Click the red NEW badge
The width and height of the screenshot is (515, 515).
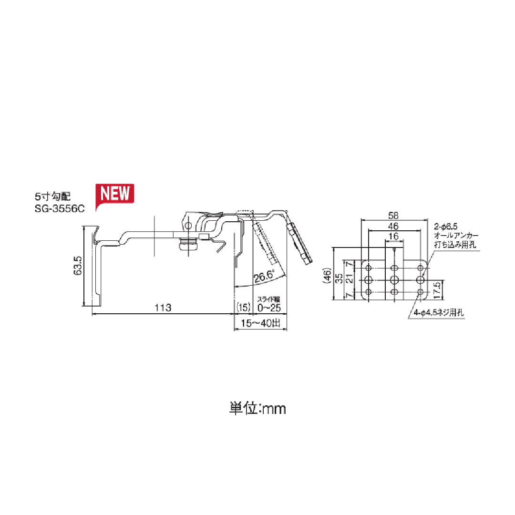[x=115, y=194]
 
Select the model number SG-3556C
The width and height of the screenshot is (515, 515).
[x=59, y=208]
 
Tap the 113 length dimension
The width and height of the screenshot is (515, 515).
[x=163, y=308]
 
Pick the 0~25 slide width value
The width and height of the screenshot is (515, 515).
[x=269, y=308]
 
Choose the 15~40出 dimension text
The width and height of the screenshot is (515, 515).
[x=261, y=324]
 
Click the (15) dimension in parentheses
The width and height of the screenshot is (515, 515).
[x=243, y=308]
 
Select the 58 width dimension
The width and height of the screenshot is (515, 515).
[x=393, y=215]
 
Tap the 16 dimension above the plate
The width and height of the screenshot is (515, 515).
[x=393, y=237]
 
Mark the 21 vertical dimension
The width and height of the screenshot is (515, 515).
[x=350, y=278]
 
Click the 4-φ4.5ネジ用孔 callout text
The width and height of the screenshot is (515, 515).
[x=438, y=313]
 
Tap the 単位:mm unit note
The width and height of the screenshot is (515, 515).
[x=257, y=409]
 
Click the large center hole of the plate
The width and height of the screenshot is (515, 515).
[x=394, y=278]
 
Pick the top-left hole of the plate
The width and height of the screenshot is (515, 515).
[x=368, y=267]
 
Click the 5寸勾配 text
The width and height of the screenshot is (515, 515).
[x=52, y=196]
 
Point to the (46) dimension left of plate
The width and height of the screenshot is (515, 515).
[x=327, y=276]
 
